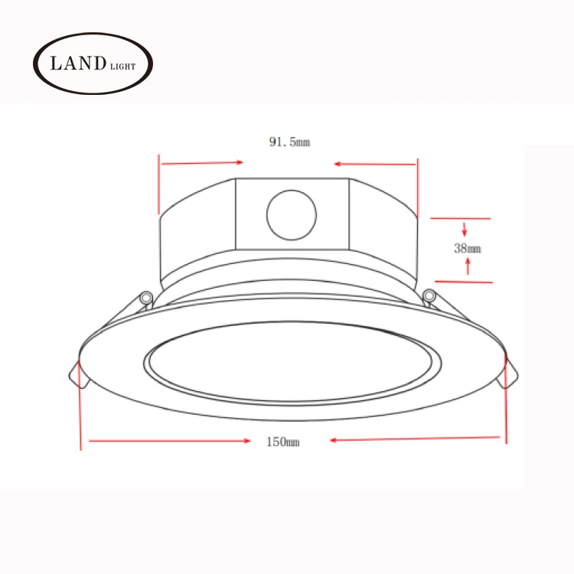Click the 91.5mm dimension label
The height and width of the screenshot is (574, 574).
pyautogui.click(x=289, y=142)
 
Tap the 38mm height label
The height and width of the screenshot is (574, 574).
pyautogui.click(x=468, y=249)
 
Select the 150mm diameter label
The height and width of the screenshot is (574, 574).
pyautogui.click(x=283, y=442)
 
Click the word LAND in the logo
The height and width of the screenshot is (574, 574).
pyautogui.click(x=78, y=64)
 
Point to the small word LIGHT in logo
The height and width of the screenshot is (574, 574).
pyautogui.click(x=123, y=67)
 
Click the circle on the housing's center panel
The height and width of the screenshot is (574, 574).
pyautogui.click(x=292, y=215)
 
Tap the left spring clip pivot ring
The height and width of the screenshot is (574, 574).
pyautogui.click(x=146, y=297)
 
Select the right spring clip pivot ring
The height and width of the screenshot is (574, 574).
pyautogui.click(x=429, y=295)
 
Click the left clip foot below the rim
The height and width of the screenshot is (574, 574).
pyautogui.click(x=79, y=375)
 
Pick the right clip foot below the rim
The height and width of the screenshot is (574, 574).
pyautogui.click(x=508, y=374)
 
